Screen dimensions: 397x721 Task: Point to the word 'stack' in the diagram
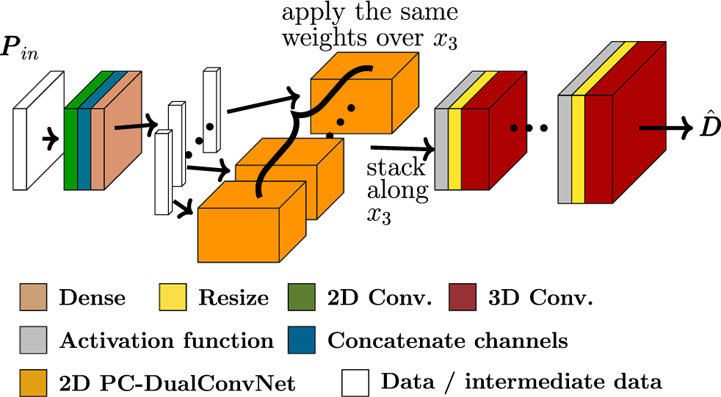(x=396, y=167)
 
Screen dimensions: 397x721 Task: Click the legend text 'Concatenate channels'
(x=447, y=340)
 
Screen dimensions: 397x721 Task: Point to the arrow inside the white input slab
(x=50, y=137)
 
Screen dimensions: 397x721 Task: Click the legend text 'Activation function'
(x=166, y=340)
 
